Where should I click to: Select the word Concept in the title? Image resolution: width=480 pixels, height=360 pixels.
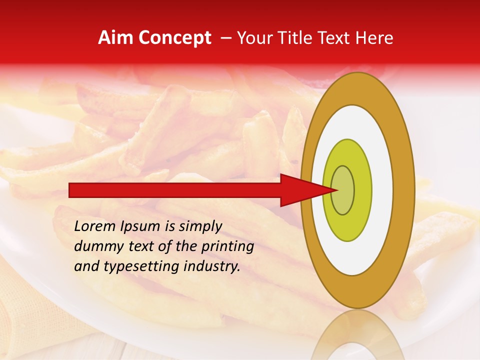tap(175, 38)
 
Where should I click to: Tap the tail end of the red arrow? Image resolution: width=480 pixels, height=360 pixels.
tap(70, 190)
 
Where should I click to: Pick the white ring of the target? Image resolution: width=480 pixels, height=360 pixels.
tap(380, 190)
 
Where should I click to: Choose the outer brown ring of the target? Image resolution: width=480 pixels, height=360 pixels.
tap(404, 190)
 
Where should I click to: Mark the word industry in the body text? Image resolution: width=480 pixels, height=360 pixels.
tap(212, 267)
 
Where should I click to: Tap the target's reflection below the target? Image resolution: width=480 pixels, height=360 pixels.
tap(358, 335)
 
